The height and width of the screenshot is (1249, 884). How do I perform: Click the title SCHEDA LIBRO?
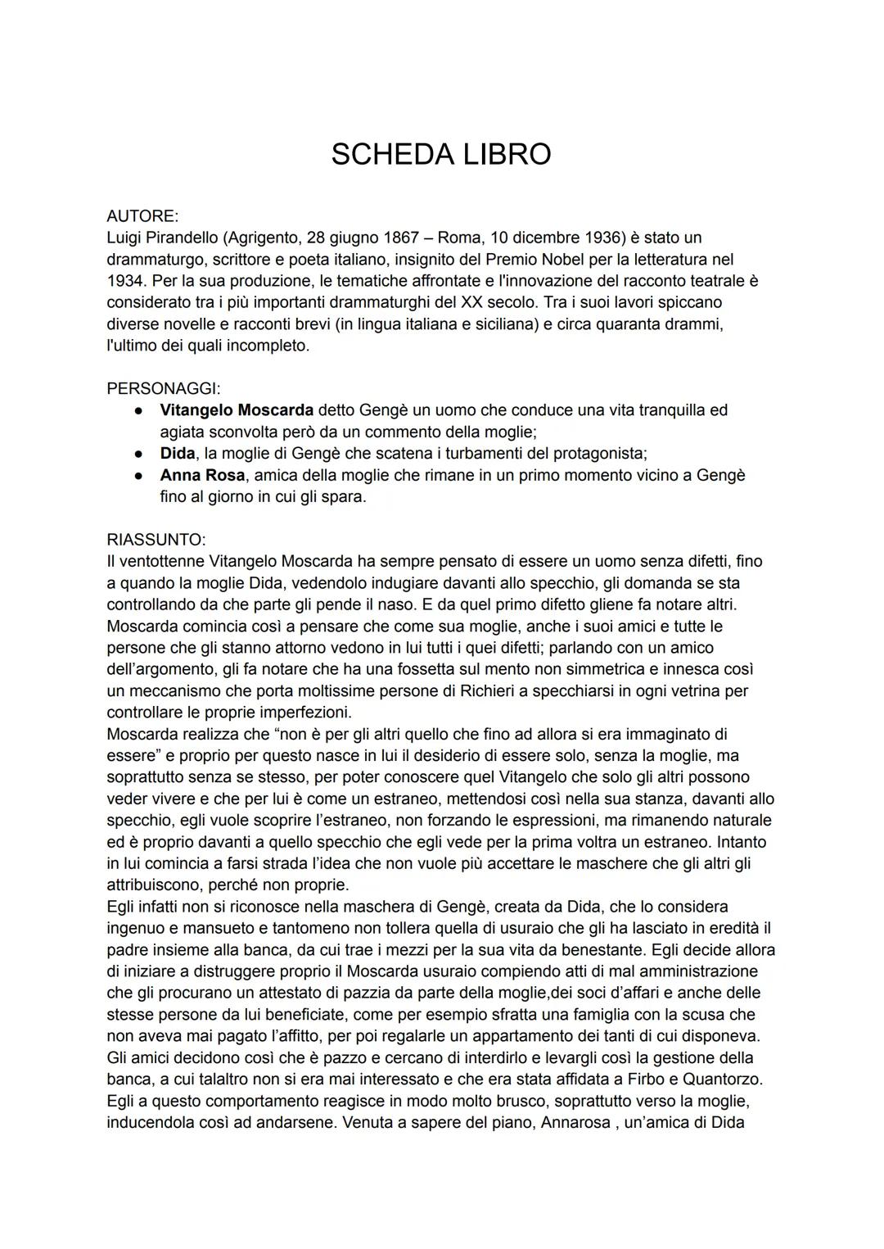pos(441,155)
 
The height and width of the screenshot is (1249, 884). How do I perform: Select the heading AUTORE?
pos(142,216)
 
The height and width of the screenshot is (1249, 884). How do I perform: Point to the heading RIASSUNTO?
pos(156,540)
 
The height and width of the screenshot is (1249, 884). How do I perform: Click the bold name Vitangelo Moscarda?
pos(237,410)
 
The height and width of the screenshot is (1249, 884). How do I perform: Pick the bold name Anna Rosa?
pos(203,475)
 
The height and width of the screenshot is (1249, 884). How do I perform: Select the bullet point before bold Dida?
pos(141,454)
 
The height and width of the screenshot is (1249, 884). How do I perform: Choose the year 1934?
pos(124,281)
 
